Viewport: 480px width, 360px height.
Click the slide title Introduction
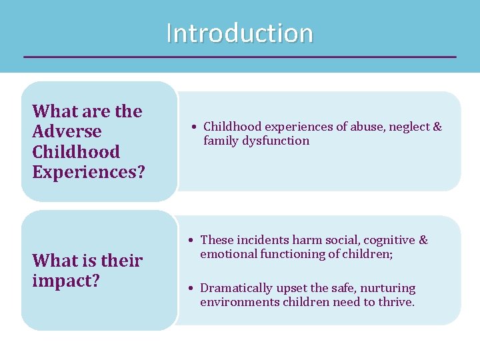click(239, 33)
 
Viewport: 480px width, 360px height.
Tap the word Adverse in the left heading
click(67, 131)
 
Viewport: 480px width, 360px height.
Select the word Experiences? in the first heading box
click(88, 172)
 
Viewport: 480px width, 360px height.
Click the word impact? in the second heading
click(66, 280)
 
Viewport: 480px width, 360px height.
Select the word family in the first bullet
click(220, 141)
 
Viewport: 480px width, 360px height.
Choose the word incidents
click(259, 240)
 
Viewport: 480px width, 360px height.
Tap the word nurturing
click(387, 289)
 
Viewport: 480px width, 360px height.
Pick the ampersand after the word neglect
click(437, 127)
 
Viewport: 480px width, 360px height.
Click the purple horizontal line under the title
click(240, 57)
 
